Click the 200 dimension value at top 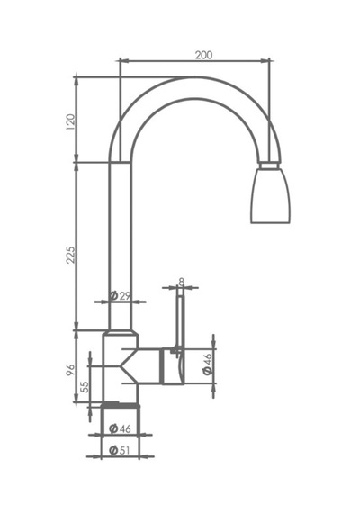[x=203, y=55]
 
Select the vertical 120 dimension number [x=71, y=122]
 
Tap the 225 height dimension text [x=71, y=256]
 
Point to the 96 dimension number [x=71, y=370]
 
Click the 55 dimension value [x=85, y=387]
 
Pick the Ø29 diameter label [x=120, y=296]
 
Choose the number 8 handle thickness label [x=182, y=282]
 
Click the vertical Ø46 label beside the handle [x=208, y=364]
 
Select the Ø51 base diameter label [x=120, y=451]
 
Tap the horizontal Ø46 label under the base [x=120, y=428]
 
